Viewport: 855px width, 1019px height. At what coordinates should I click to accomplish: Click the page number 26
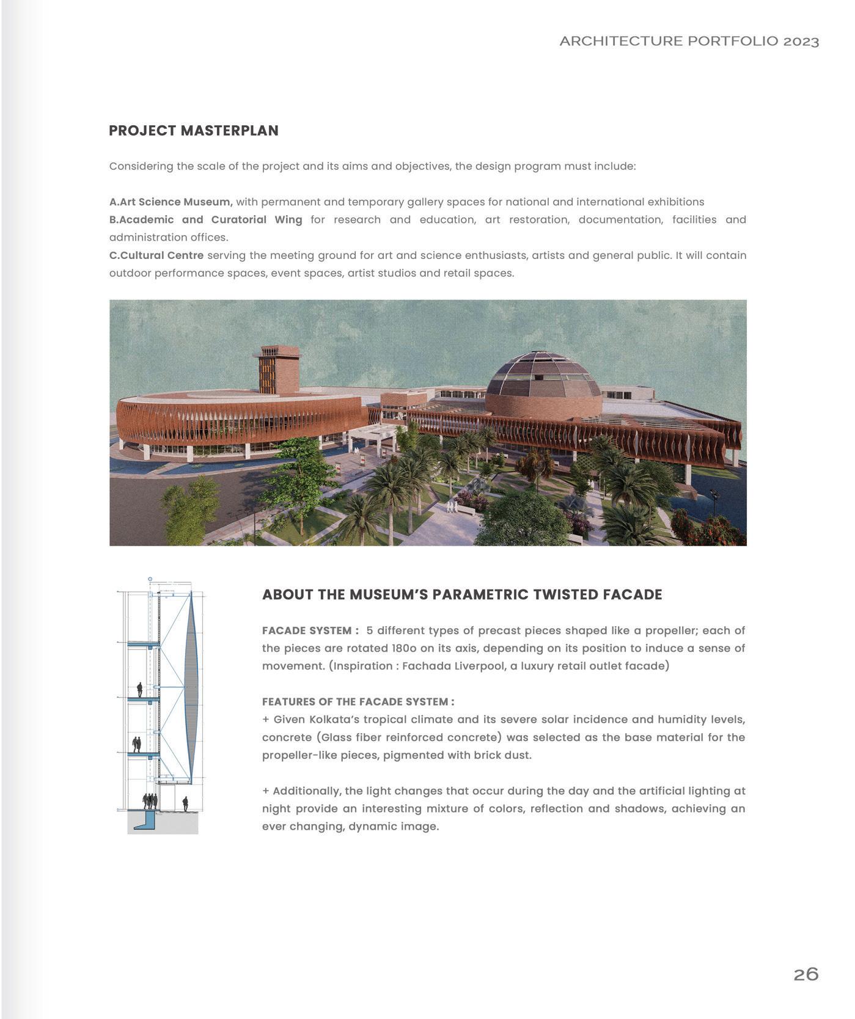(x=805, y=974)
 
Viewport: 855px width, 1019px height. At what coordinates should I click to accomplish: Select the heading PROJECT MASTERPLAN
(x=193, y=131)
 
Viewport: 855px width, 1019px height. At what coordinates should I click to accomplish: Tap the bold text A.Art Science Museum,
(x=171, y=202)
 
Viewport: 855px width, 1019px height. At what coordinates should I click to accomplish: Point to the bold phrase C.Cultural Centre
(x=156, y=255)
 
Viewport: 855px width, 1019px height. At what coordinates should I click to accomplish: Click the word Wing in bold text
(x=288, y=220)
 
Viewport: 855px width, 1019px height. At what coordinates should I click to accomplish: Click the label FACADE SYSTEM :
(x=310, y=630)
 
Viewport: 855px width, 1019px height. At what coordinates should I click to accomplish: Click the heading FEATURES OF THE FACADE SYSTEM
(x=358, y=702)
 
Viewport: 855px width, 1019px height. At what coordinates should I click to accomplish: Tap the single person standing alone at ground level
(x=185, y=803)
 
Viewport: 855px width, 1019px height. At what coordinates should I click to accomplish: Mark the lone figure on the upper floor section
(x=139, y=690)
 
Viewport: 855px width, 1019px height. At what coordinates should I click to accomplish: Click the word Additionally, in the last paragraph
(x=306, y=791)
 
